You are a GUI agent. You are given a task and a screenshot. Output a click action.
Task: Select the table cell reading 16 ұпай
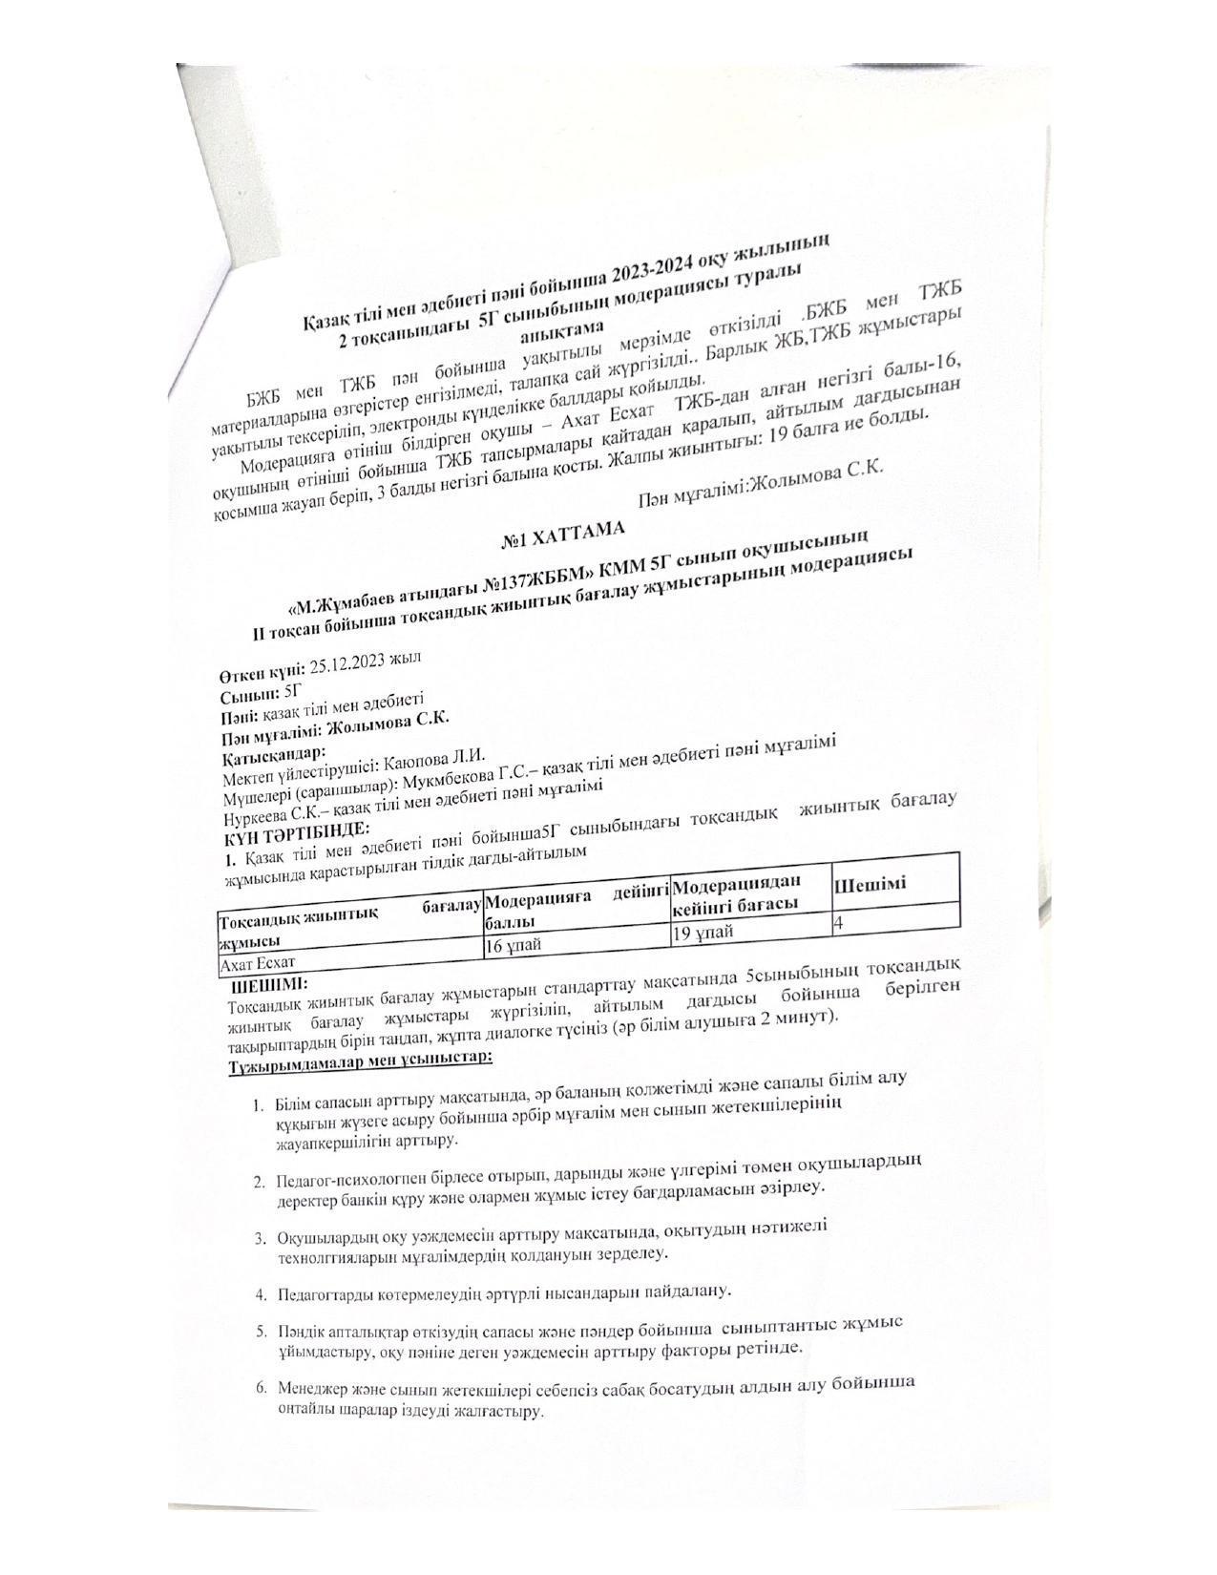pyautogui.click(x=520, y=944)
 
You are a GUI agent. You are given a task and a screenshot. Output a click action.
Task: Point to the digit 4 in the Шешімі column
pyautogui.click(x=838, y=923)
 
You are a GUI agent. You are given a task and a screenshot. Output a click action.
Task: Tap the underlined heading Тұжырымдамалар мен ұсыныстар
pyautogui.click(x=361, y=1060)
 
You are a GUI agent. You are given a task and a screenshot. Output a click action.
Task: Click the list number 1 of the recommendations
pyautogui.click(x=259, y=1105)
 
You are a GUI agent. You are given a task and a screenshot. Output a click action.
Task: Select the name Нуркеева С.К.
pyautogui.click(x=278, y=816)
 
